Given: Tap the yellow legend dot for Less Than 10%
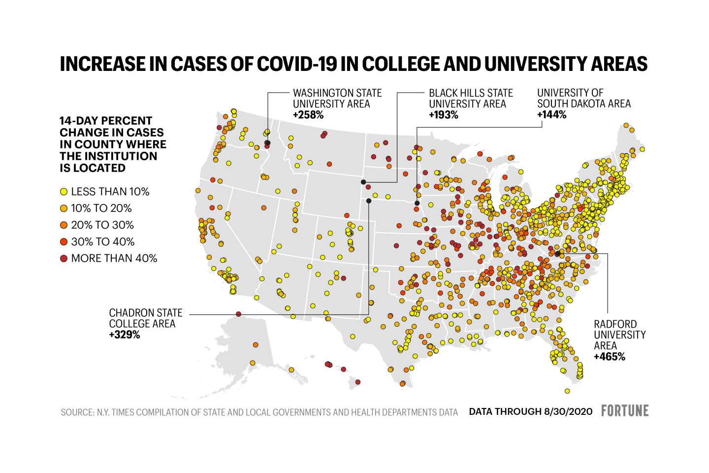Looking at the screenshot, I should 64,192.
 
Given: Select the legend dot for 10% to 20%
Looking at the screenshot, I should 64,208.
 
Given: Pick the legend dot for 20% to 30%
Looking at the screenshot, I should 64,225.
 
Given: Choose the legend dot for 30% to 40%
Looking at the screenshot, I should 64,242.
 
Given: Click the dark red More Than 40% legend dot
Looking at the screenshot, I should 64,259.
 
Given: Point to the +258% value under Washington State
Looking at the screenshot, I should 308,115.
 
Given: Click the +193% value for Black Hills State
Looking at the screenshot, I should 444,115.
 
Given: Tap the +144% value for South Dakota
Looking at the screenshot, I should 551,115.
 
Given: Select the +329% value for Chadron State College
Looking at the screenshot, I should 125,335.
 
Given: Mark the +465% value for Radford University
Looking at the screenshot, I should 610,357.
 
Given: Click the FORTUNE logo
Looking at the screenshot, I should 625,411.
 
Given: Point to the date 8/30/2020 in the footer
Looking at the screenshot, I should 568,412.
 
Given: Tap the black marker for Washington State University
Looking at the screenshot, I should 267,143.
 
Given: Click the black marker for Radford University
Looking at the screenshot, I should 558,254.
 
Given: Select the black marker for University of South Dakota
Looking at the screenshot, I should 417,203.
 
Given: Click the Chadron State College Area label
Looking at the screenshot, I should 145,318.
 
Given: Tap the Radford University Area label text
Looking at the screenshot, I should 619,335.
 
